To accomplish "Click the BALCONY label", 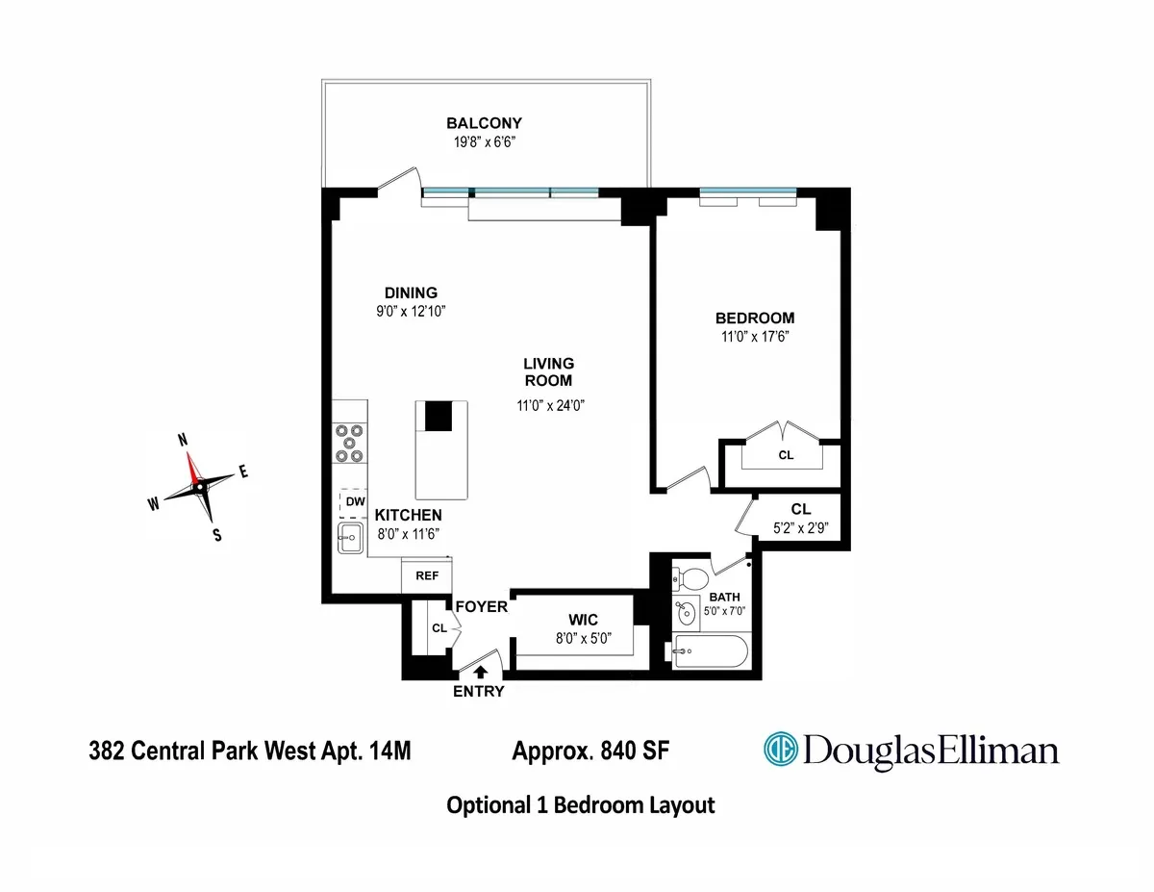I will point(484,123).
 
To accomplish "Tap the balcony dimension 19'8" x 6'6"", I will point(484,142).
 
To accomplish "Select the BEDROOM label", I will point(754,319).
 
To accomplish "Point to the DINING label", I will point(411,293).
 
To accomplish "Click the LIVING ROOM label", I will point(548,371).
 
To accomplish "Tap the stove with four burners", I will point(350,444).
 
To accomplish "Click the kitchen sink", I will point(350,539).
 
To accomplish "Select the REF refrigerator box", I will point(426,576).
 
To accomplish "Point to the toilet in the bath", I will point(692,579).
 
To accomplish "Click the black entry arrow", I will point(480,673).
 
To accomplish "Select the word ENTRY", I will point(479,691).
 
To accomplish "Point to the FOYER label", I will point(481,607).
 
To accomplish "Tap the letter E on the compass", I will point(243,471).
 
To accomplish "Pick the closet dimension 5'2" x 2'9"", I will point(801,527).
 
